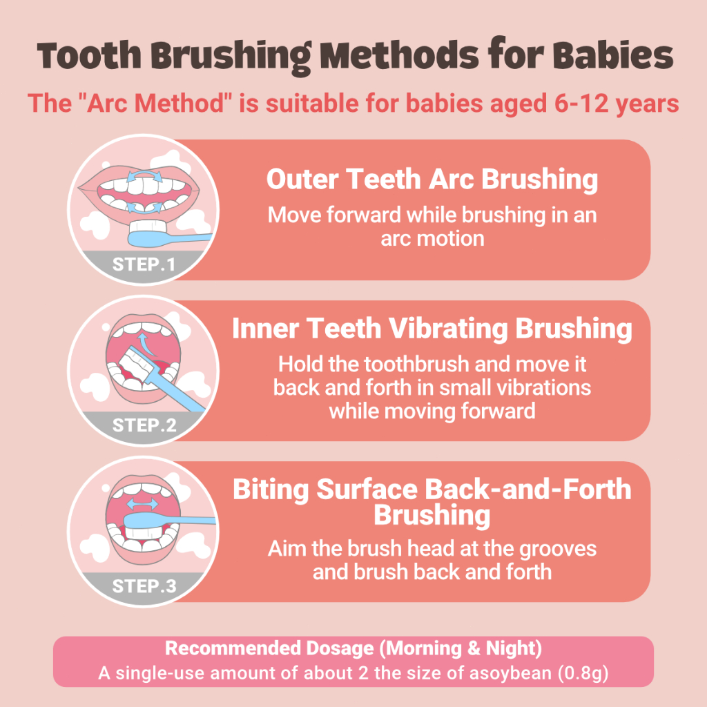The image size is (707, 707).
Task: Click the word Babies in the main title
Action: click(613, 55)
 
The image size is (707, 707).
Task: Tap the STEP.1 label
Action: click(144, 264)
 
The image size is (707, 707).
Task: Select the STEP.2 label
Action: click(144, 425)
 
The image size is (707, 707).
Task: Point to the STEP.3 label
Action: click(144, 586)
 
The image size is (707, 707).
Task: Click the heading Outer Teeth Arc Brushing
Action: click(432, 180)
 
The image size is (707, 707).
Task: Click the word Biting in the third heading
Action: click(271, 490)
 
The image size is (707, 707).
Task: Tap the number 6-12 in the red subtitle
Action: click(581, 104)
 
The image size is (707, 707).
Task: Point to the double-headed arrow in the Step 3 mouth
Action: click(142, 503)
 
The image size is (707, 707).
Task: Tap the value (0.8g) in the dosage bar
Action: click(583, 673)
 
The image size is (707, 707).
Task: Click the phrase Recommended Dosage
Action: click(269, 648)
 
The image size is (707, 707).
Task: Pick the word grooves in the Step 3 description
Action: click(558, 549)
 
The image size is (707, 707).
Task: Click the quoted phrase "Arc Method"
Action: click(155, 104)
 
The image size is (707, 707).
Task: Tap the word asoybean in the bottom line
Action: click(510, 674)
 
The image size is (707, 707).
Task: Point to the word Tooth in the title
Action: click(89, 56)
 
